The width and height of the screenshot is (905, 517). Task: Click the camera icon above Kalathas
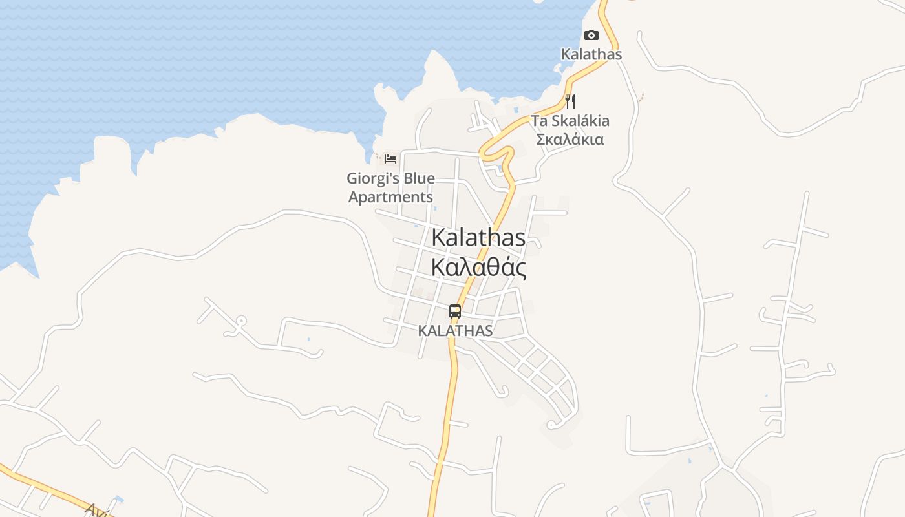point(591,36)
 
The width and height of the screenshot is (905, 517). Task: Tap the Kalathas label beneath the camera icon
point(591,54)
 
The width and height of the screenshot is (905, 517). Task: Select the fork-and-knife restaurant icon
point(570,101)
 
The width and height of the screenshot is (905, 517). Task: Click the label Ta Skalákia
point(570,121)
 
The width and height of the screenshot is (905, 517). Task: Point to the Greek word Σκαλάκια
point(570,139)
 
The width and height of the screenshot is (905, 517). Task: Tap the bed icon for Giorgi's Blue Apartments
point(390,158)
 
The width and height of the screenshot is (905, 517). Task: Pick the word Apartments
point(390,197)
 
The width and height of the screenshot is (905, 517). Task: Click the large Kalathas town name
point(478,237)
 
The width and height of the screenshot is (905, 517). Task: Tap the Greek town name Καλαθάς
point(478,267)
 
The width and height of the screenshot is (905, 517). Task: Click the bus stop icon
point(455,311)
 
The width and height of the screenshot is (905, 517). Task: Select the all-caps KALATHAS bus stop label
point(455,330)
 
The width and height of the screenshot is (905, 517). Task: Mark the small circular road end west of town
point(240,320)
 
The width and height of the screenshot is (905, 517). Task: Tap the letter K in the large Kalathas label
point(439,237)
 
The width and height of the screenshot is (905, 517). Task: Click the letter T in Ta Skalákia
point(537,121)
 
